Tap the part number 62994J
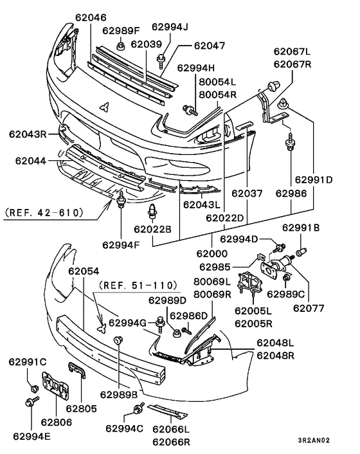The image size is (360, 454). (x=170, y=26)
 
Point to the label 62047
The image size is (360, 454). (x=209, y=46)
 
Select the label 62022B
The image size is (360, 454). (x=152, y=228)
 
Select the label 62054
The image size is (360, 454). (x=84, y=272)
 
